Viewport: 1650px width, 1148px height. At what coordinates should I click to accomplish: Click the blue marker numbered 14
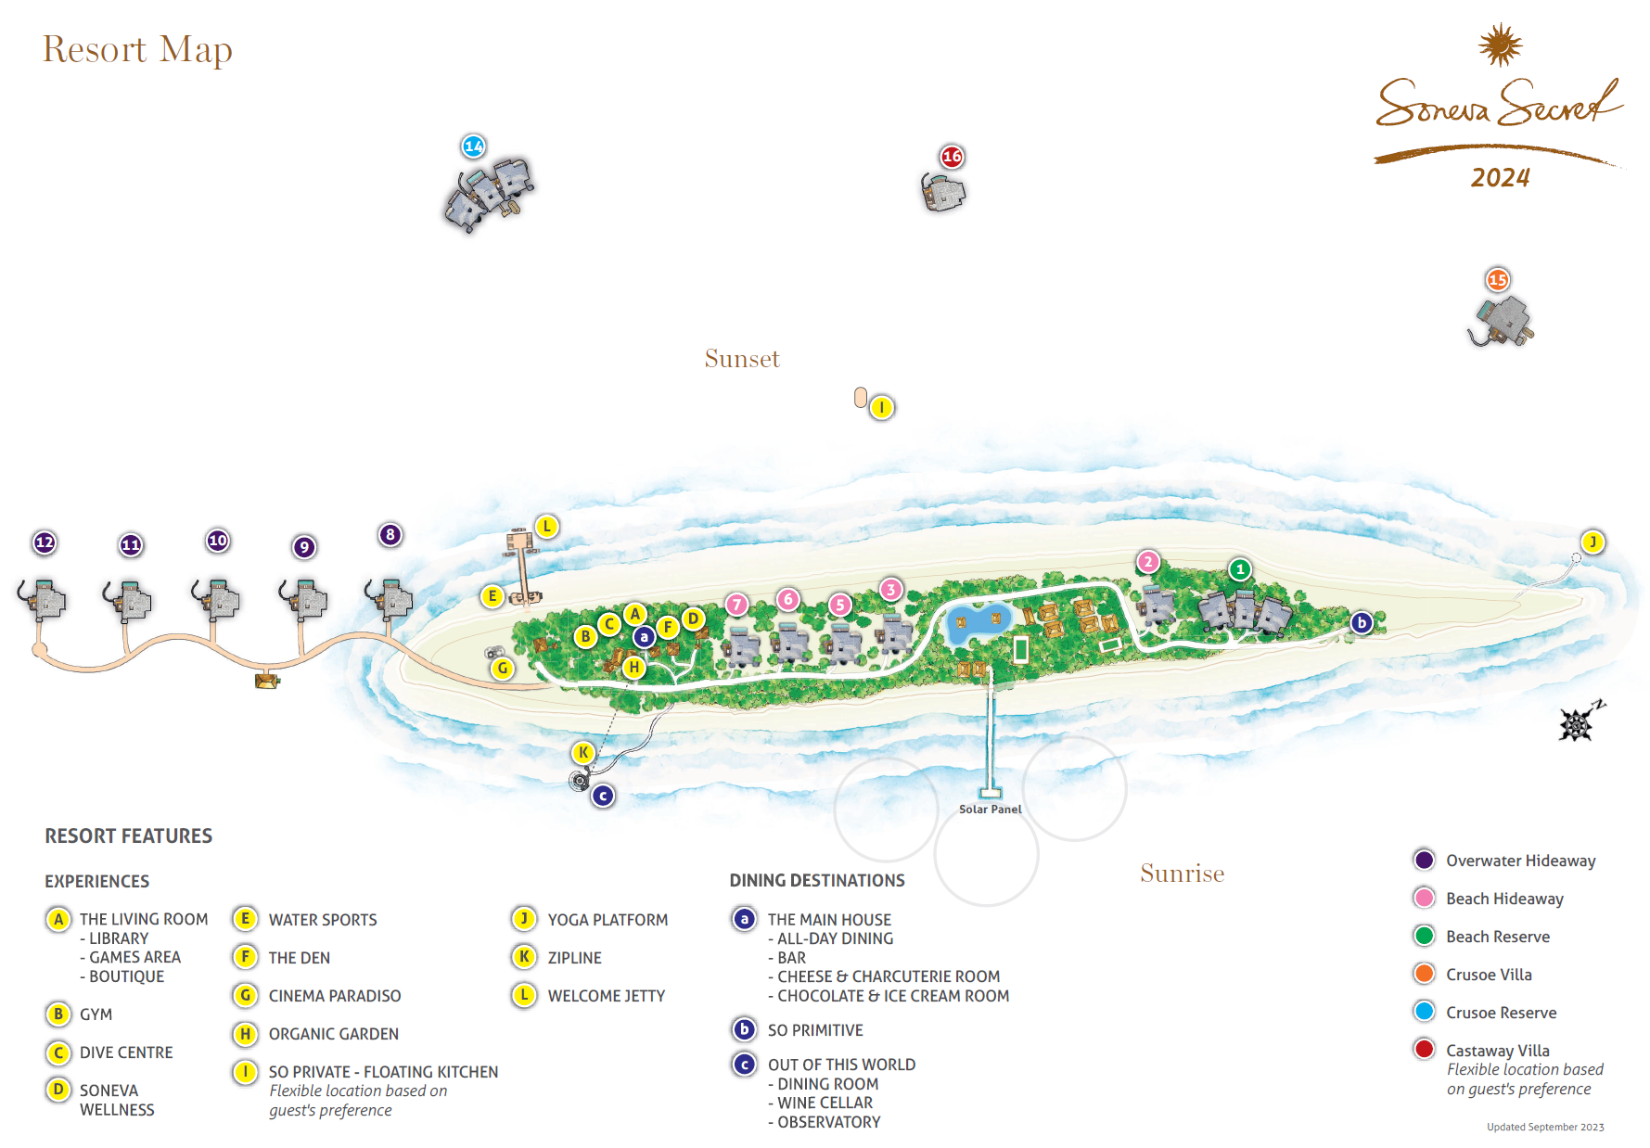(474, 147)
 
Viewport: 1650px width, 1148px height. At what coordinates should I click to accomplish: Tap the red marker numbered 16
(952, 157)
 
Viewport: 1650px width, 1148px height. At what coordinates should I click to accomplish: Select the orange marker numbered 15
(1497, 279)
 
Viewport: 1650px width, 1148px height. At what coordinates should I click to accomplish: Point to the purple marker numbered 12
(45, 542)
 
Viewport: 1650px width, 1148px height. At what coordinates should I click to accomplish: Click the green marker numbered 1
(1239, 569)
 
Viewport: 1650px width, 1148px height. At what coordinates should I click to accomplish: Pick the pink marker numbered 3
(890, 589)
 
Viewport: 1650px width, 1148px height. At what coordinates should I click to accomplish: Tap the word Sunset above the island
(742, 359)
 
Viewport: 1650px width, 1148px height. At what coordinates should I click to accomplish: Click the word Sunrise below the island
(1182, 874)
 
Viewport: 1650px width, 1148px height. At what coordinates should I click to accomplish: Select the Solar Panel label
(990, 810)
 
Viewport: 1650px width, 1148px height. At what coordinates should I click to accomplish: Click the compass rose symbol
(1578, 722)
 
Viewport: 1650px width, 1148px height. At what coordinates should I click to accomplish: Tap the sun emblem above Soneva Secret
(1500, 45)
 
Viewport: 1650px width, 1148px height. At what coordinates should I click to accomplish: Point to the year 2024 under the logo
(1500, 177)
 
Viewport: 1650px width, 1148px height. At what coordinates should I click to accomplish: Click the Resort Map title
(137, 50)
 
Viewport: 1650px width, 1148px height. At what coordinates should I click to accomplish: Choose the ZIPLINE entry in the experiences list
(574, 958)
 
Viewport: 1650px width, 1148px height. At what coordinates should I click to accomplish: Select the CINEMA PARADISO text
(334, 996)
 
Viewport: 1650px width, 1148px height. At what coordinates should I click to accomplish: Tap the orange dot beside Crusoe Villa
(1424, 974)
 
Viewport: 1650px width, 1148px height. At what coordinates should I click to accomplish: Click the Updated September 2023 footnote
(1545, 1128)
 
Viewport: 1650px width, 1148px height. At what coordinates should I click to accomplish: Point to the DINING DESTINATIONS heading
(816, 880)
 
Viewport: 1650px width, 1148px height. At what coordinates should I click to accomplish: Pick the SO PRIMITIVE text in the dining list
(814, 1030)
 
